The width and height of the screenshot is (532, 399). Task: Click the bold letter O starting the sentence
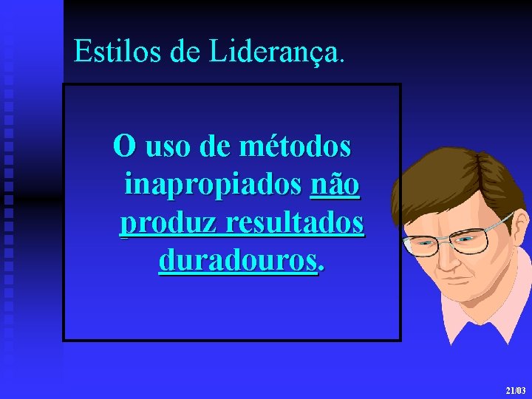coord(124,146)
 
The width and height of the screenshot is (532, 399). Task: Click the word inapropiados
coord(213,184)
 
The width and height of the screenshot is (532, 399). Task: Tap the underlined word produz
coord(163,222)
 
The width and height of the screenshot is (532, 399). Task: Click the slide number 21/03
coord(515,389)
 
